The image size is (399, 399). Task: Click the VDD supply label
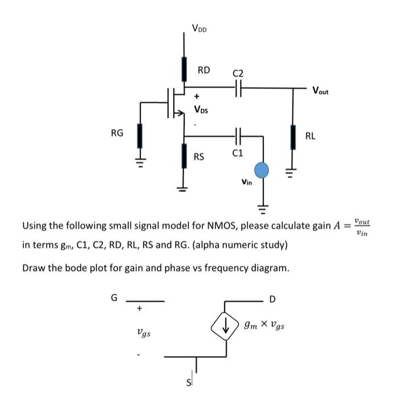point(199,27)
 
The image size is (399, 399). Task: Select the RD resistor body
point(184,69)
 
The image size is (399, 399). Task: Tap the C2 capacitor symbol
point(238,88)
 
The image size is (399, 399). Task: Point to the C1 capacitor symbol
point(238,137)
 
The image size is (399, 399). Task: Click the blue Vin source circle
point(262,170)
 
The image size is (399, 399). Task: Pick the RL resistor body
point(294,137)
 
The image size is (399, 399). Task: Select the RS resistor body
point(184,156)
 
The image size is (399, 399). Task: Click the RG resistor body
point(137,136)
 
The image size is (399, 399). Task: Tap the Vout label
point(320,90)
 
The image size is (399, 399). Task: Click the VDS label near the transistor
point(201,109)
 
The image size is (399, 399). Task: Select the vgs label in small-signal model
point(144,332)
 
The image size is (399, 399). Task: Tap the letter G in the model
point(113,298)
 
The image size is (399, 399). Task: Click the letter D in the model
point(272,299)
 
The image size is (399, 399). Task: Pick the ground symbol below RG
point(137,159)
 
